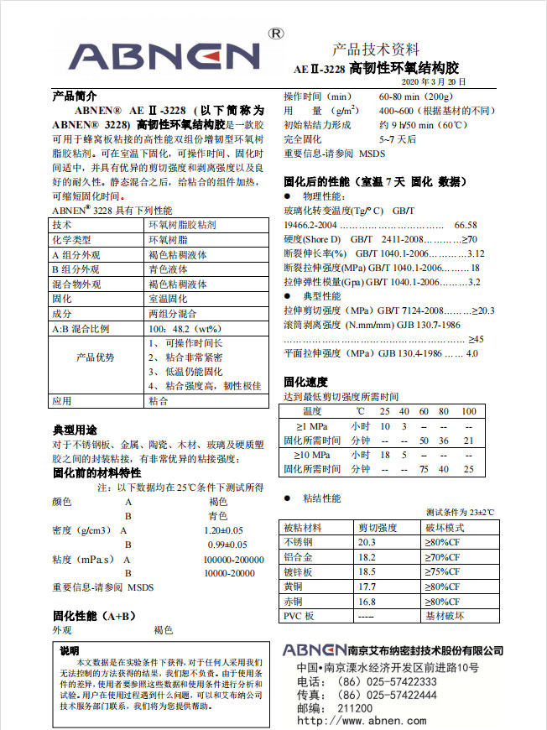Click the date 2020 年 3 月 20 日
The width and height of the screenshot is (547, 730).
tap(435, 81)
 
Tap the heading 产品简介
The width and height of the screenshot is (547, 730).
tap(75, 96)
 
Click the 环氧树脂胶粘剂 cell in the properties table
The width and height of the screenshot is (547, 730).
tap(182, 226)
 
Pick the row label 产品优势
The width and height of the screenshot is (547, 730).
tap(96, 357)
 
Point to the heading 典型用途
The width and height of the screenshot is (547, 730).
tap(75, 430)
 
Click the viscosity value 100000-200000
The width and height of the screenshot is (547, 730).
tap(233, 560)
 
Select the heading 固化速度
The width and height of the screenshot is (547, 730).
tap(305, 381)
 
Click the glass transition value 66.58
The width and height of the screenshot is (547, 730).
tap(466, 226)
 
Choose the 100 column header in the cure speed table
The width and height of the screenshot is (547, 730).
tap(468, 411)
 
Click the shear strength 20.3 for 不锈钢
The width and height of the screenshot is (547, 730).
tap(367, 542)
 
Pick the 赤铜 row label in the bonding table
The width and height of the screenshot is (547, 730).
tap(294, 602)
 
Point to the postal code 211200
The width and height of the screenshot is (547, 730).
tap(356, 707)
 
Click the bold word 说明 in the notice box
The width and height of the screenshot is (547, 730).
tap(70, 650)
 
